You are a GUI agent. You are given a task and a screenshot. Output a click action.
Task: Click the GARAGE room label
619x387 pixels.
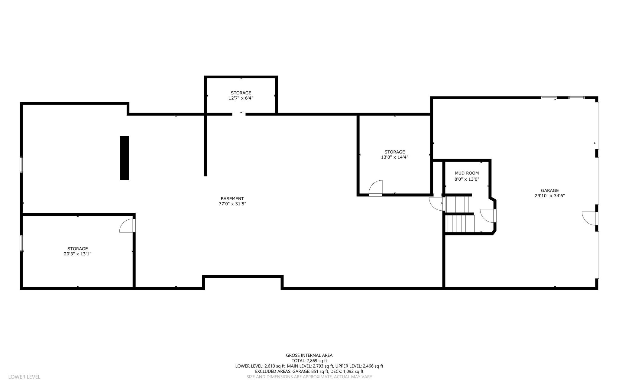click(549, 191)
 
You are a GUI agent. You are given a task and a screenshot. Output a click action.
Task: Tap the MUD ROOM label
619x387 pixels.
click(467, 173)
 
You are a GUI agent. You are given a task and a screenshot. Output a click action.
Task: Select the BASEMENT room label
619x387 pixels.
click(232, 199)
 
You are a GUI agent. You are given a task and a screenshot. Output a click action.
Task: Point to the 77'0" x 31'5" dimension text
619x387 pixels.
click(232, 204)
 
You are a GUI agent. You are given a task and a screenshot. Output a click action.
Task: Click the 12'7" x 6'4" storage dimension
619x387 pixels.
click(241, 98)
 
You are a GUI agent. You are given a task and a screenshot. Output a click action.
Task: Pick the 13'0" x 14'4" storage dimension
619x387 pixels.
click(394, 157)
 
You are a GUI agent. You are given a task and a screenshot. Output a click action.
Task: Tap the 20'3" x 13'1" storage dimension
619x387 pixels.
click(77, 254)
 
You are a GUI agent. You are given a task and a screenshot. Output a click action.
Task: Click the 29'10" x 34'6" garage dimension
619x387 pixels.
click(549, 196)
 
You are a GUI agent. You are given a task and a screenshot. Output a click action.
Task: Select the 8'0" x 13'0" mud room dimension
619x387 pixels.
click(467, 179)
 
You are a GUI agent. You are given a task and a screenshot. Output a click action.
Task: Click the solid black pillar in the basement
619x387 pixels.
click(124, 158)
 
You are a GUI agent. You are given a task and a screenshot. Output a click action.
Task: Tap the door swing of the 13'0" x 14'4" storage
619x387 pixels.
click(376, 188)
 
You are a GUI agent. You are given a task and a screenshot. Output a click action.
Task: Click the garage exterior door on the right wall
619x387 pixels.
click(590, 218)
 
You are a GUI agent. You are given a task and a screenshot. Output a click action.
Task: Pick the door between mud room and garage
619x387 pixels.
click(488, 216)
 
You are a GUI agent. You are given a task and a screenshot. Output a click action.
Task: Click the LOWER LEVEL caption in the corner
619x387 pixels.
click(24, 377)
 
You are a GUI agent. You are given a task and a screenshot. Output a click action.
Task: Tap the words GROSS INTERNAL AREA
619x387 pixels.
click(309, 355)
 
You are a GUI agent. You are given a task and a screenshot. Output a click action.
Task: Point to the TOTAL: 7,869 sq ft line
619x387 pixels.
click(309, 361)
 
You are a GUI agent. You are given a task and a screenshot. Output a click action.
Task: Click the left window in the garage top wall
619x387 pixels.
click(549, 98)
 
